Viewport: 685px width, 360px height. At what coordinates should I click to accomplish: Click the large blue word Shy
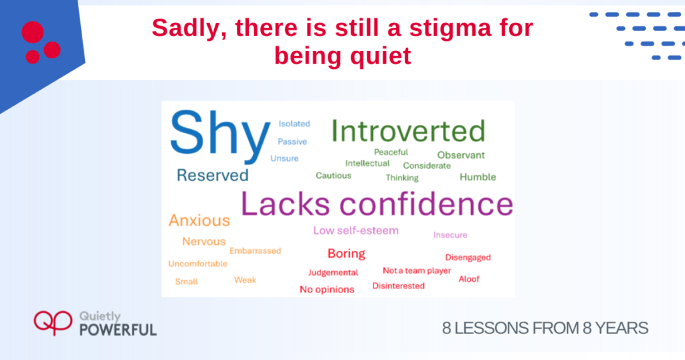tap(219, 134)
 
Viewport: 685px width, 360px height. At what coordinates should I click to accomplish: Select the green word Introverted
tap(408, 130)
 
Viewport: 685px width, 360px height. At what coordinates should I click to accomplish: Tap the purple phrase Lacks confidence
tap(377, 204)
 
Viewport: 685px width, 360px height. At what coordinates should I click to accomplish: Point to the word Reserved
tap(212, 175)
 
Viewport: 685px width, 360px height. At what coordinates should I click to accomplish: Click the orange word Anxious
tap(199, 221)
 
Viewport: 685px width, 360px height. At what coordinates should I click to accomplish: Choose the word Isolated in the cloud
tap(294, 124)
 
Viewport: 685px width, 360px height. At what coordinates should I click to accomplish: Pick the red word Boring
tap(347, 254)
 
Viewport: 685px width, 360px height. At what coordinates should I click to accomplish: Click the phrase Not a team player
tap(417, 271)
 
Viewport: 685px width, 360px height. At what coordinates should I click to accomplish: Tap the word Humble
tap(478, 177)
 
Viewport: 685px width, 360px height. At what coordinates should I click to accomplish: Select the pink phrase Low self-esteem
tap(356, 230)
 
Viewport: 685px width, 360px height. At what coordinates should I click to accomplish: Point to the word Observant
tap(461, 155)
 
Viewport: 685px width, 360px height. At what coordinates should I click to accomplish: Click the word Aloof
tap(469, 279)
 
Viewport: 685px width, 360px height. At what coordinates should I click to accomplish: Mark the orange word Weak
tap(245, 280)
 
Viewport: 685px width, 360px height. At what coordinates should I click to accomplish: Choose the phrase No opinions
tap(326, 289)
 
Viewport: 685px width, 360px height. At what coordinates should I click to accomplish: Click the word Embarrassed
tap(255, 251)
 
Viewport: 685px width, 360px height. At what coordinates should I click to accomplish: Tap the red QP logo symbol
tap(53, 323)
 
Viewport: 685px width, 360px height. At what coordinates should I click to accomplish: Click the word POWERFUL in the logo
tap(118, 330)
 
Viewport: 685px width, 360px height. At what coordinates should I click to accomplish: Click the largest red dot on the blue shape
tap(33, 32)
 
